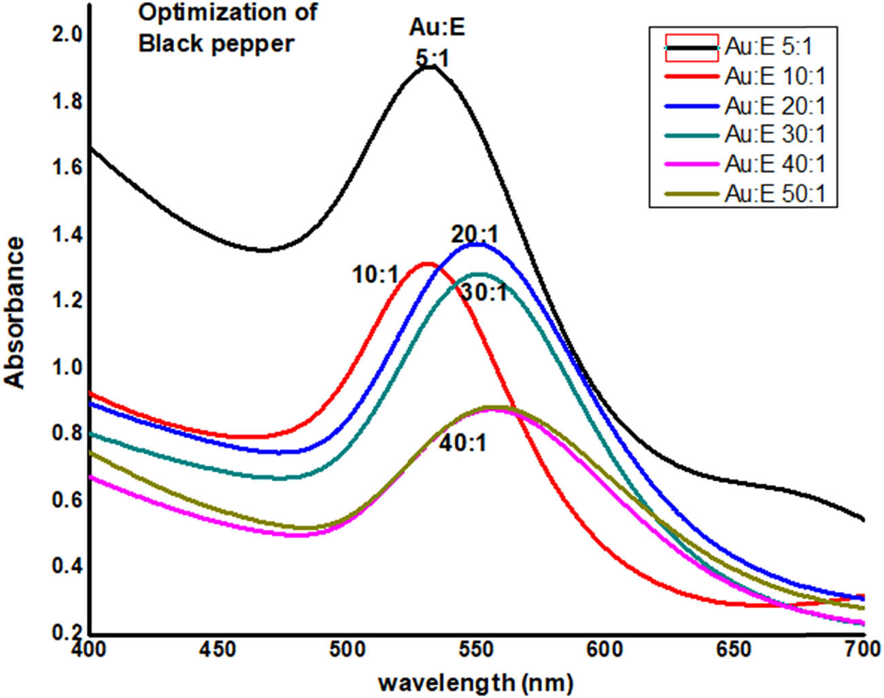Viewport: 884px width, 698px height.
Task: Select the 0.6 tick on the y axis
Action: [x=67, y=500]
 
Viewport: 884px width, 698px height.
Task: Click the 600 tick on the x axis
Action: [x=605, y=649]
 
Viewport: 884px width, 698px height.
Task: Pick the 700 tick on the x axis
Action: [x=862, y=649]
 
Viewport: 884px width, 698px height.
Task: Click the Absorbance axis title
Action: [x=15, y=312]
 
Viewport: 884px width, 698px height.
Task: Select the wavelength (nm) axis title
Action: [x=475, y=681]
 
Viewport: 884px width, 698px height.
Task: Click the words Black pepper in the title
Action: [x=216, y=44]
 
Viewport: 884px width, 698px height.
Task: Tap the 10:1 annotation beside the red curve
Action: [x=375, y=275]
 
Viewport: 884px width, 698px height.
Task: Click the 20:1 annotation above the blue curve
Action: [x=475, y=235]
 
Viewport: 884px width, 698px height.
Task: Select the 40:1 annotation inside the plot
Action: [x=462, y=444]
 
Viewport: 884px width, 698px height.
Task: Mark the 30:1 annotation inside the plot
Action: [x=483, y=293]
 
